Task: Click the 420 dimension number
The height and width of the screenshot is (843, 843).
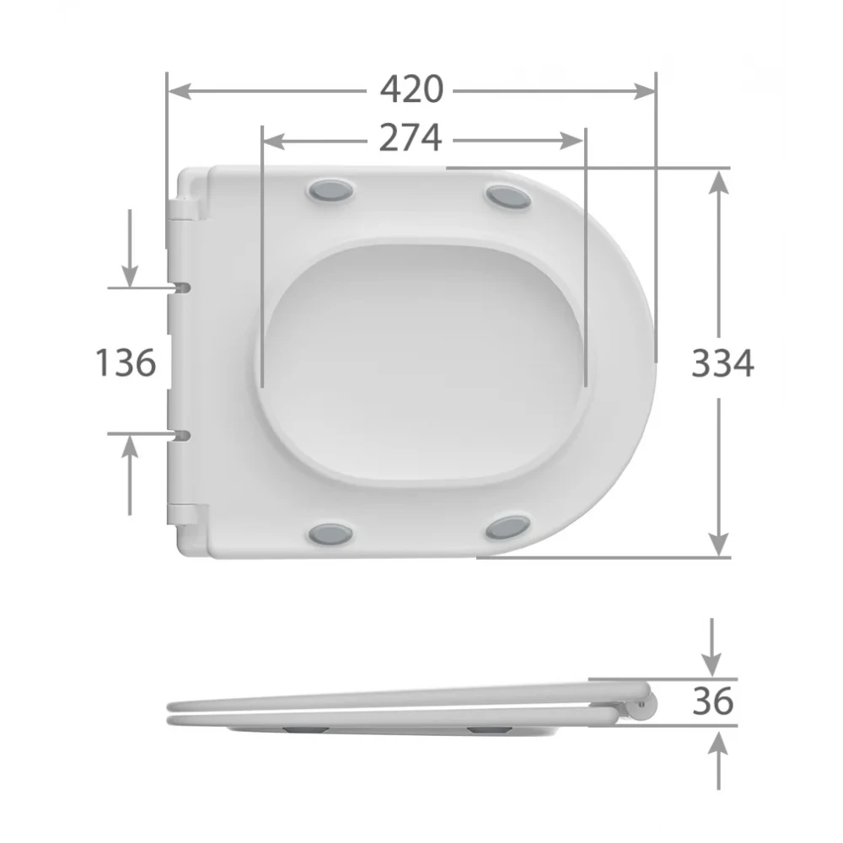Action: point(412,89)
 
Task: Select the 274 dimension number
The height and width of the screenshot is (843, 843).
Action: point(411,138)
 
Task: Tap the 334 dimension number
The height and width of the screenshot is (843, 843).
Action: point(722,363)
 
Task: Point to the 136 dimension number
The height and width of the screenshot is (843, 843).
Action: point(126,362)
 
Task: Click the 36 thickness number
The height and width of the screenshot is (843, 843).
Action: point(713,701)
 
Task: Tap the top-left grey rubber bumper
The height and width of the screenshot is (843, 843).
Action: point(330,191)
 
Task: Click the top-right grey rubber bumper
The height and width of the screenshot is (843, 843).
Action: point(508,196)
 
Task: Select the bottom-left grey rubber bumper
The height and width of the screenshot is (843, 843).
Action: point(330,534)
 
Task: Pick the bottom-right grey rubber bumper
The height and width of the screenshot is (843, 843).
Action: point(508,528)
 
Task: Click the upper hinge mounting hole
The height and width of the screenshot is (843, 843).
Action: point(182,287)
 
